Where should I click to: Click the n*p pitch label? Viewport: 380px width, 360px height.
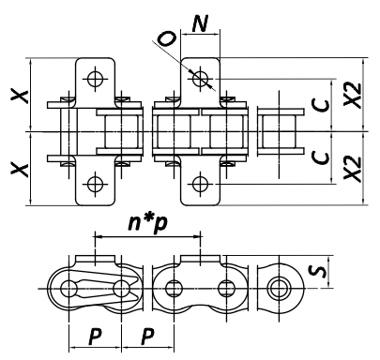pyautogui.click(x=148, y=226)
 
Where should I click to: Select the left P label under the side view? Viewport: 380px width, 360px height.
pyautogui.click(x=94, y=335)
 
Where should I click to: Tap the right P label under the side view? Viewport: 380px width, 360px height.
pyautogui.click(x=146, y=335)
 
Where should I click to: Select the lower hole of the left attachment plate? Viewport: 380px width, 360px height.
pyautogui.click(x=94, y=182)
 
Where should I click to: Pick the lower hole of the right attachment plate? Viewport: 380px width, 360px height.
pyautogui.click(x=198, y=182)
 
